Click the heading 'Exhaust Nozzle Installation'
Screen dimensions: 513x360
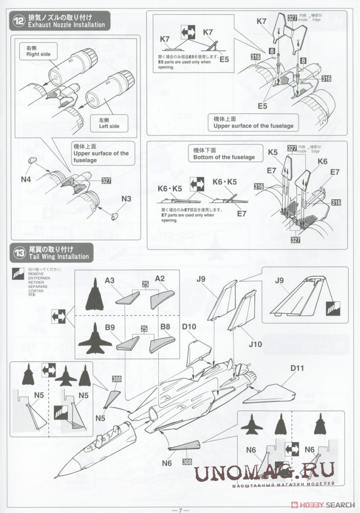66,25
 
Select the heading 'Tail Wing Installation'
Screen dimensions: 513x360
59,256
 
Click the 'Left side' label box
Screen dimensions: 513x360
109,124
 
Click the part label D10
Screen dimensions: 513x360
189,327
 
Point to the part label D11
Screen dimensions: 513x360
297,368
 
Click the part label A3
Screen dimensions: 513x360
110,280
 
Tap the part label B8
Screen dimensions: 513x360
165,327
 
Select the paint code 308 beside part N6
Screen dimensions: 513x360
187,462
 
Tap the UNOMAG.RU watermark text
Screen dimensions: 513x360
264,473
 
